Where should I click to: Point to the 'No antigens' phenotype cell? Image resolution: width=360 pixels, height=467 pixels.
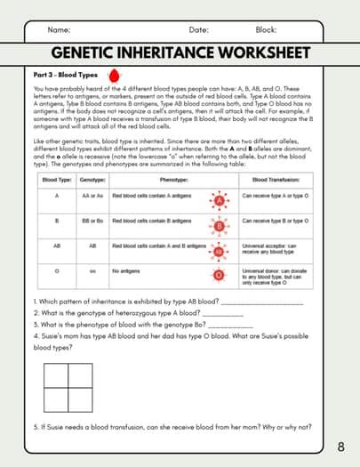(128, 270)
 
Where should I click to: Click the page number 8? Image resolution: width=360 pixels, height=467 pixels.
(342, 446)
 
